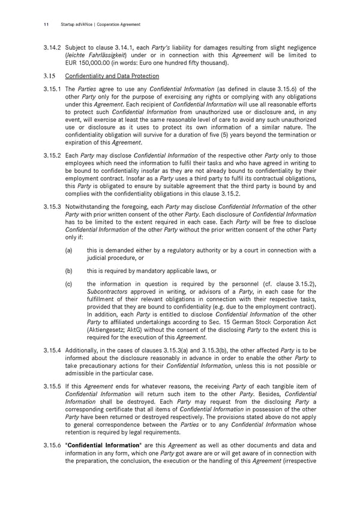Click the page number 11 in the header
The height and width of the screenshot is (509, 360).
pos(46,25)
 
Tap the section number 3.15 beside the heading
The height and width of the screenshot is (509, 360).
pos(49,76)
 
